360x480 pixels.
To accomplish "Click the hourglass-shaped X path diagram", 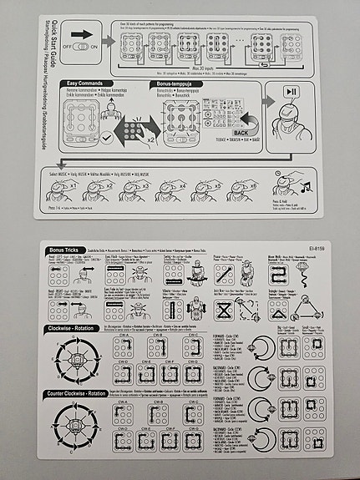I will point(226,311).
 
